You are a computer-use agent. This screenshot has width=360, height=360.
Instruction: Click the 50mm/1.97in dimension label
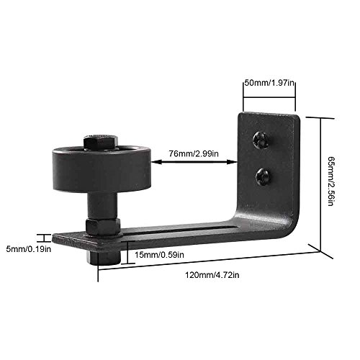(269, 83)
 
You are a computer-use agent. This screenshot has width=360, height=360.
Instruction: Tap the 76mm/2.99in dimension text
(194, 153)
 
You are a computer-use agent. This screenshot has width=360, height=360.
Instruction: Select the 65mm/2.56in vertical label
(331, 181)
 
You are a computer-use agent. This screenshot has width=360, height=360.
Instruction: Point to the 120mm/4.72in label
(212, 275)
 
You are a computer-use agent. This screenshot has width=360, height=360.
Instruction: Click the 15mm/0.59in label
(159, 255)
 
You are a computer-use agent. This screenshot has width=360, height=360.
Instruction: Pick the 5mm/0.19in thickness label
(29, 249)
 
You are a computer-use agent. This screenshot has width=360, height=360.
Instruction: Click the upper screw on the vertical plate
(261, 140)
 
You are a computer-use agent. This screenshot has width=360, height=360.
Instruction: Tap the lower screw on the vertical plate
(264, 177)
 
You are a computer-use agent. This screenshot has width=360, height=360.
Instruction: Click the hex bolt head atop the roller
(101, 142)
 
